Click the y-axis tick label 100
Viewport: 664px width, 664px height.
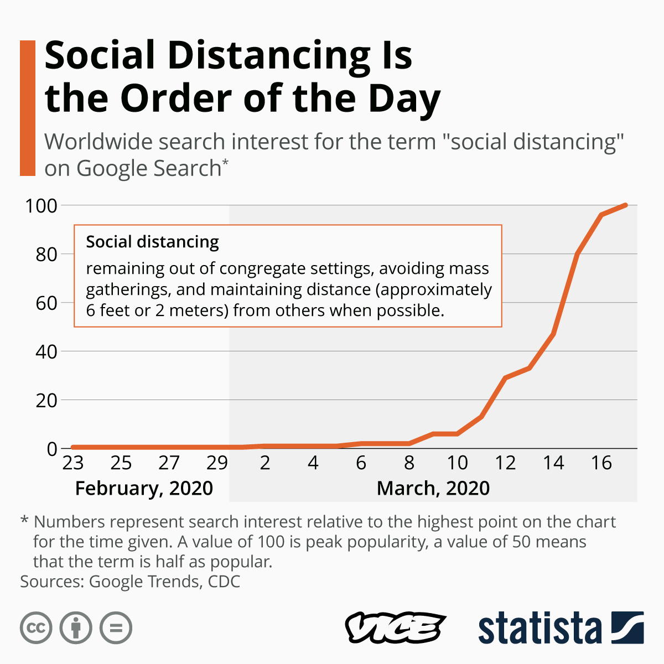pos(41,206)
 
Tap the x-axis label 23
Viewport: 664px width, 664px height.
pos(72,463)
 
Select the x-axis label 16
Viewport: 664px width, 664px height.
pos(601,463)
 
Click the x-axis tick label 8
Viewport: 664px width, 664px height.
pos(409,463)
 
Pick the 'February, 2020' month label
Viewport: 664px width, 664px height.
pos(144,488)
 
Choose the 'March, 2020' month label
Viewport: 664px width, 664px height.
pos(433,488)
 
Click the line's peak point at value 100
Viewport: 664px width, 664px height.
pos(625,205)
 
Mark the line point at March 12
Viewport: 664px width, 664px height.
pos(505,377)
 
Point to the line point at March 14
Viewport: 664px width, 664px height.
pos(553,334)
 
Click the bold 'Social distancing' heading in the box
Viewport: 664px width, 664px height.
pos(153,242)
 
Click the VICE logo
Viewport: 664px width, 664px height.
pos(395,628)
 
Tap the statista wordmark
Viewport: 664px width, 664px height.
pos(539,628)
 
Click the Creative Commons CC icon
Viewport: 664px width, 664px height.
pos(36,628)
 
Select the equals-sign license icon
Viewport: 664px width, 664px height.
pos(116,628)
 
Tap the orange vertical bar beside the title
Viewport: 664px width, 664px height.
pos(28,108)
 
